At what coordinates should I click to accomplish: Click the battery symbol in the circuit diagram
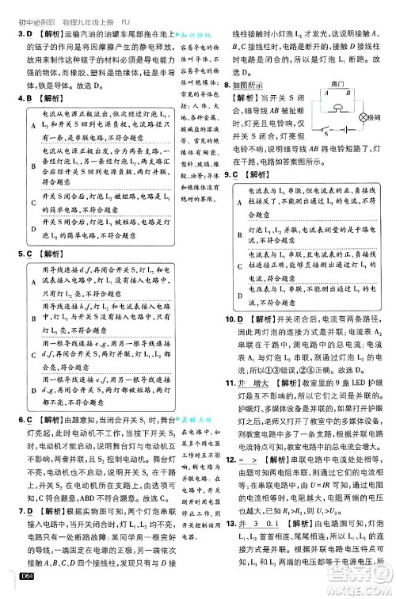347,128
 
